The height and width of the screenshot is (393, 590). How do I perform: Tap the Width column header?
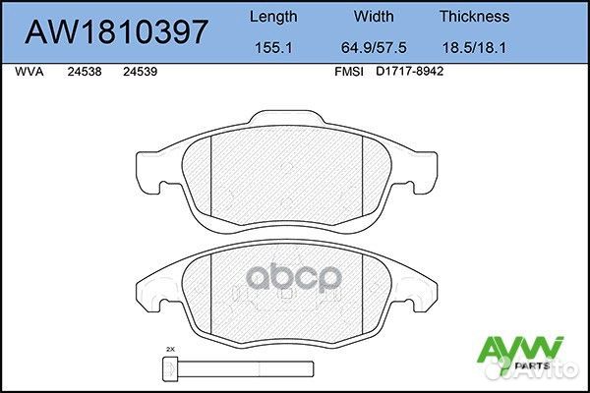374,17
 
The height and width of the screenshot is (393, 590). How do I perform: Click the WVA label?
29,72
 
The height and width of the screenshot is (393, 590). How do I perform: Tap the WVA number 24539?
140,72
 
